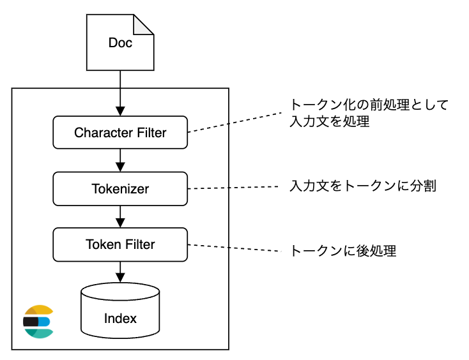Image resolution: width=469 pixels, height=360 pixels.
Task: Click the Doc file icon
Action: click(x=120, y=43)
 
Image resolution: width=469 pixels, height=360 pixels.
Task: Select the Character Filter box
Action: click(x=120, y=133)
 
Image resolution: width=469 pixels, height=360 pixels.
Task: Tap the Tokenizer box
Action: click(x=120, y=189)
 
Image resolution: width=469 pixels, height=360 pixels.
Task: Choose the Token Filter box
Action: click(x=120, y=244)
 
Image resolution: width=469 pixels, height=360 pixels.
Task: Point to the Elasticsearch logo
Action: click(x=38, y=322)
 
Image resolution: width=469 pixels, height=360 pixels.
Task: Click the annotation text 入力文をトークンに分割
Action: click(x=362, y=187)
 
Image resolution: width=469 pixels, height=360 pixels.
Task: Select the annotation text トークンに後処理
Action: click(x=343, y=251)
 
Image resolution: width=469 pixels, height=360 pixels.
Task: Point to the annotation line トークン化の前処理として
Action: click(x=369, y=105)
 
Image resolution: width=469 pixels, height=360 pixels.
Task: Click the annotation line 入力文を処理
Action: click(x=329, y=121)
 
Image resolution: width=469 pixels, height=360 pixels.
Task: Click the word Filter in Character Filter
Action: click(x=148, y=133)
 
